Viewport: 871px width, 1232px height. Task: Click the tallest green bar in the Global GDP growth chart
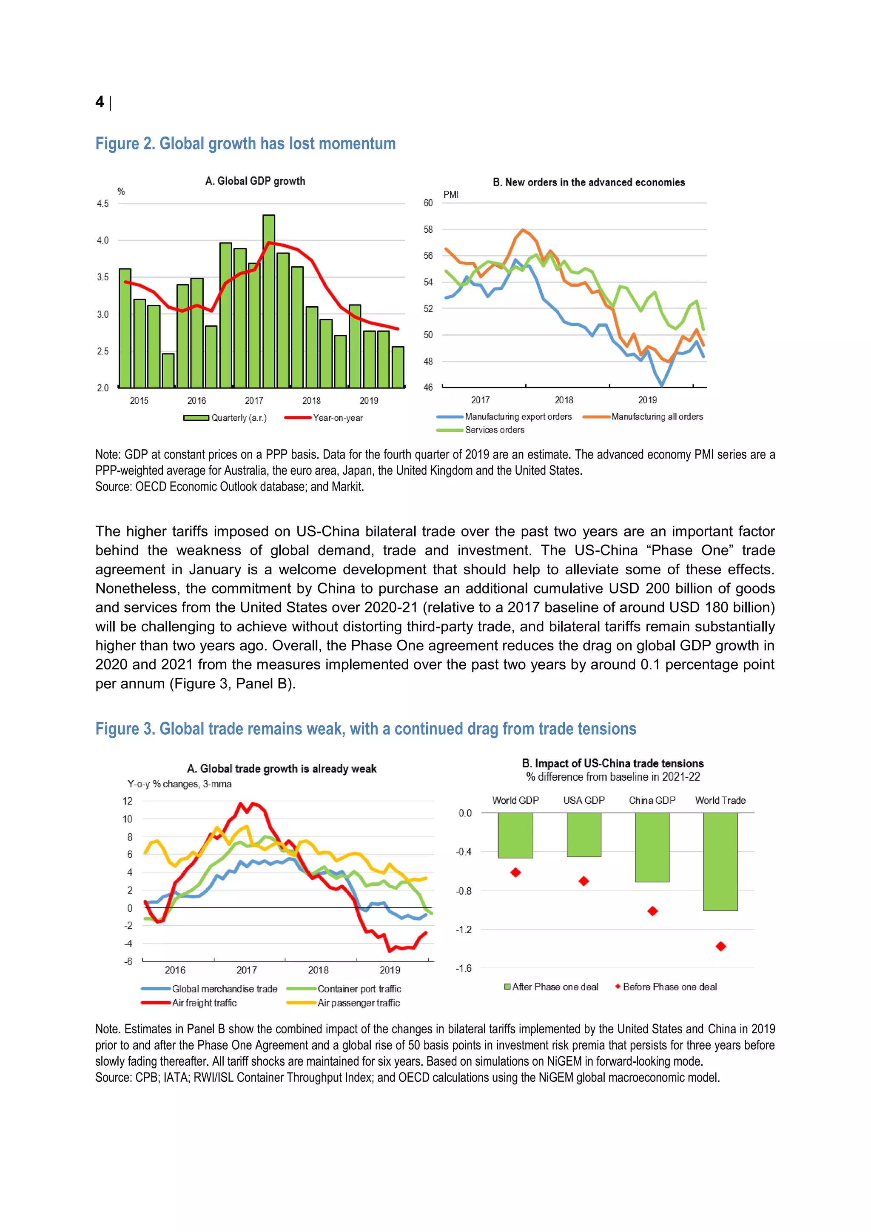coord(269,300)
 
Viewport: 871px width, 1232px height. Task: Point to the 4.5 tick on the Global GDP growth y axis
coord(103,203)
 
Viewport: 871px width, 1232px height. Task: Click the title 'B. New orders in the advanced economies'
coord(588,183)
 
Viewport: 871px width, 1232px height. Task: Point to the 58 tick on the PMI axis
coord(428,229)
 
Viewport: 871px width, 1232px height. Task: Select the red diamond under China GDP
coord(652,910)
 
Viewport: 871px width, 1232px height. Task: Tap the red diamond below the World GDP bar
coord(515,873)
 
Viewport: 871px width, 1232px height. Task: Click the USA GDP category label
coord(584,800)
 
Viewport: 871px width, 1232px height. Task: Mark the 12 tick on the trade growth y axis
coord(128,801)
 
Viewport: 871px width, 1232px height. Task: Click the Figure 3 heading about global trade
coord(365,729)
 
